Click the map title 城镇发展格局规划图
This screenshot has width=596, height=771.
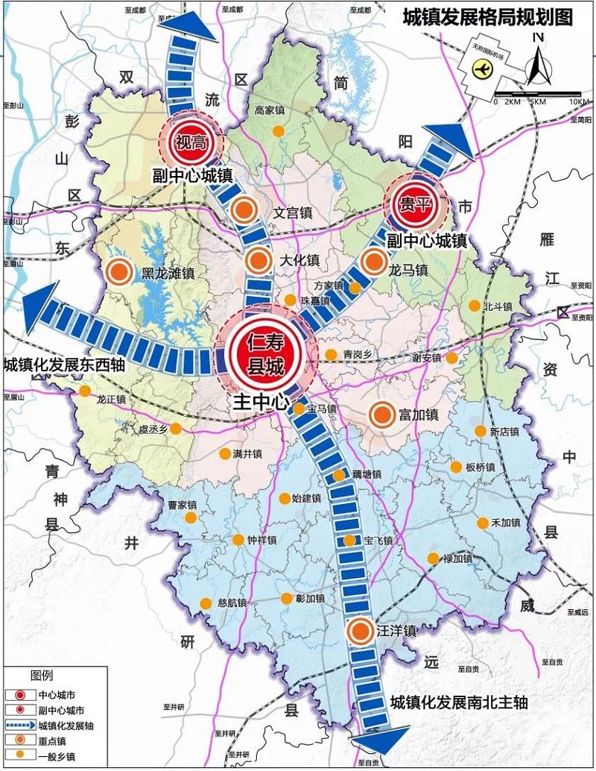pos(487,16)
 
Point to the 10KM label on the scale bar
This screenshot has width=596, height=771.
pos(578,101)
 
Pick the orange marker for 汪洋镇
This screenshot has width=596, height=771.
pos(361,631)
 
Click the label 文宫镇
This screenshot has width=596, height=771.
pos(291,213)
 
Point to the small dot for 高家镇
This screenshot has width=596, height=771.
pos(277,131)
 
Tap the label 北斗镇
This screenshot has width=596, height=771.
pos(498,306)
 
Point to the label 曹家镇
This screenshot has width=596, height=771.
pos(181,505)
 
